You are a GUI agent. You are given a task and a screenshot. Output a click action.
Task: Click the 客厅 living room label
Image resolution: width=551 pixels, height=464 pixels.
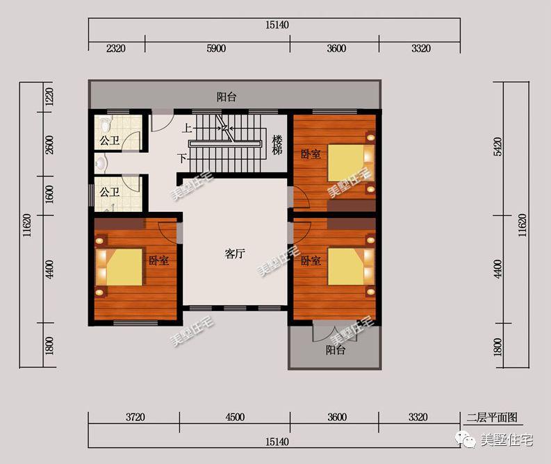(234, 254)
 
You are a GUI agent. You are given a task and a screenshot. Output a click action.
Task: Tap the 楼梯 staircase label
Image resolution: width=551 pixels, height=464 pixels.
(277, 144)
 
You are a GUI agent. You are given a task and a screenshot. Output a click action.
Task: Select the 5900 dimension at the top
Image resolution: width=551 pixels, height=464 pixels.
(216, 48)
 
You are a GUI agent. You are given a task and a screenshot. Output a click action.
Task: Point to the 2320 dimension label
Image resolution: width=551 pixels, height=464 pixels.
(115, 48)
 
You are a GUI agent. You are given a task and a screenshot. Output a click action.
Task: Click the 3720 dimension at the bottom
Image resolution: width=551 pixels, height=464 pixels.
(135, 417)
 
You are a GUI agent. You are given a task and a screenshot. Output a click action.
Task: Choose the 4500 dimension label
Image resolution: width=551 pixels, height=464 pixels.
(235, 417)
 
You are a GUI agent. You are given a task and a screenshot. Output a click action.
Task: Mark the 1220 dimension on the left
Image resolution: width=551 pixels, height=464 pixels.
(49, 97)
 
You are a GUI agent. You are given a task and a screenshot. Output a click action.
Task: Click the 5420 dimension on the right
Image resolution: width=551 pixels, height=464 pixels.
(497, 147)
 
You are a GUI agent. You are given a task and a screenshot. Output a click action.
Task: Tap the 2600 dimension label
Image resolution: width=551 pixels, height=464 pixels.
(49, 144)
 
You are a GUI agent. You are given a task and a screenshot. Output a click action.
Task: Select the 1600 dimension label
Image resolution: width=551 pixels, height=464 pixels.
(49, 194)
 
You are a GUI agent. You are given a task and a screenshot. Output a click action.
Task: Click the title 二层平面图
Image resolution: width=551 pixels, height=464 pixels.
(492, 417)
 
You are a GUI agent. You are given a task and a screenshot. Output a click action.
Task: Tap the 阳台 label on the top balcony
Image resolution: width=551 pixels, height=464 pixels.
(227, 97)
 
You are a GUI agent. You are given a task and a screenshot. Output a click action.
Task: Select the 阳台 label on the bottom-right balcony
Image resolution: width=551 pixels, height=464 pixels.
(335, 350)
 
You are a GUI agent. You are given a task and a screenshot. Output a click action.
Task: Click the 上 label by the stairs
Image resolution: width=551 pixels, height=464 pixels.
(187, 129)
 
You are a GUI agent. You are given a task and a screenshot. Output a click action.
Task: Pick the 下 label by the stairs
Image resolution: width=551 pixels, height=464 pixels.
(182, 158)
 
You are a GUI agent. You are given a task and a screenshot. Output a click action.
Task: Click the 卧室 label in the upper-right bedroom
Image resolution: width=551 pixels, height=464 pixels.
(311, 154)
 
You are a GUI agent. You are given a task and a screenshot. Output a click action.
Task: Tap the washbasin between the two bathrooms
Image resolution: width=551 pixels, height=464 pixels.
(101, 163)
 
